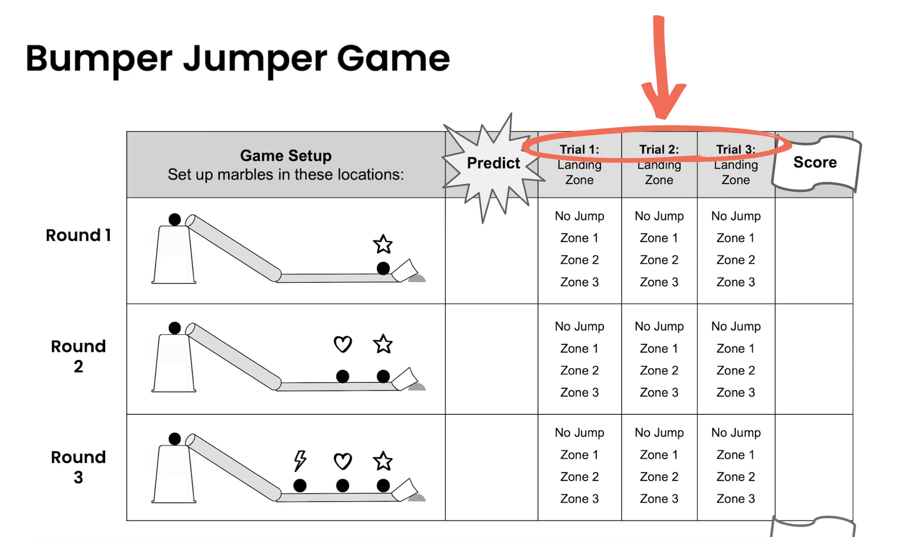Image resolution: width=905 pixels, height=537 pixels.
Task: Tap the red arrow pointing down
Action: pos(662,71)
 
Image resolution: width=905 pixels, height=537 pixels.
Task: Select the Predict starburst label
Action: pos(493,163)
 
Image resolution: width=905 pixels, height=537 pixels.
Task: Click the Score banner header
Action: pos(815,162)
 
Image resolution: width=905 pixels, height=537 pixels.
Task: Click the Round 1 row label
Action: pos(78,235)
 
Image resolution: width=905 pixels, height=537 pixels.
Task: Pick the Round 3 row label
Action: pos(78,467)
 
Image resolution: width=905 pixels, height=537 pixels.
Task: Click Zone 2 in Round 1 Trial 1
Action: pos(579,260)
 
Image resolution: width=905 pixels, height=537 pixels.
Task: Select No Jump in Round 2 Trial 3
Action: pos(736,326)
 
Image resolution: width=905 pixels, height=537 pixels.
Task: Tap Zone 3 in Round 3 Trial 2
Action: pos(659,498)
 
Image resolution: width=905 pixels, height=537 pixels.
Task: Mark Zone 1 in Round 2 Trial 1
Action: pos(579,348)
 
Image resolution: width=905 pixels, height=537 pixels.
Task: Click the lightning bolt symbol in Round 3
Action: pos(300,460)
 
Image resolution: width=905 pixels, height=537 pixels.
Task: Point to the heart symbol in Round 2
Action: pos(343,344)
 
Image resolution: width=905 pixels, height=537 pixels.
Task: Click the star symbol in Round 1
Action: pos(383,244)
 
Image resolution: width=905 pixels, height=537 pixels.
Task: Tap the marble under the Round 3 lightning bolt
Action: pos(300,485)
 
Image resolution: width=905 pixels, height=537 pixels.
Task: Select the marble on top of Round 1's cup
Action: pos(174,219)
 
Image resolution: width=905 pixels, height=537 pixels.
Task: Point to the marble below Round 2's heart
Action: pos(343,376)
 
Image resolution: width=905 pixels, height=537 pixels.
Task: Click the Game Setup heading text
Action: pos(286,156)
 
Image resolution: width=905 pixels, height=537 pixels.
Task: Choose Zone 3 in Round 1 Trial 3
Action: pos(736,282)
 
